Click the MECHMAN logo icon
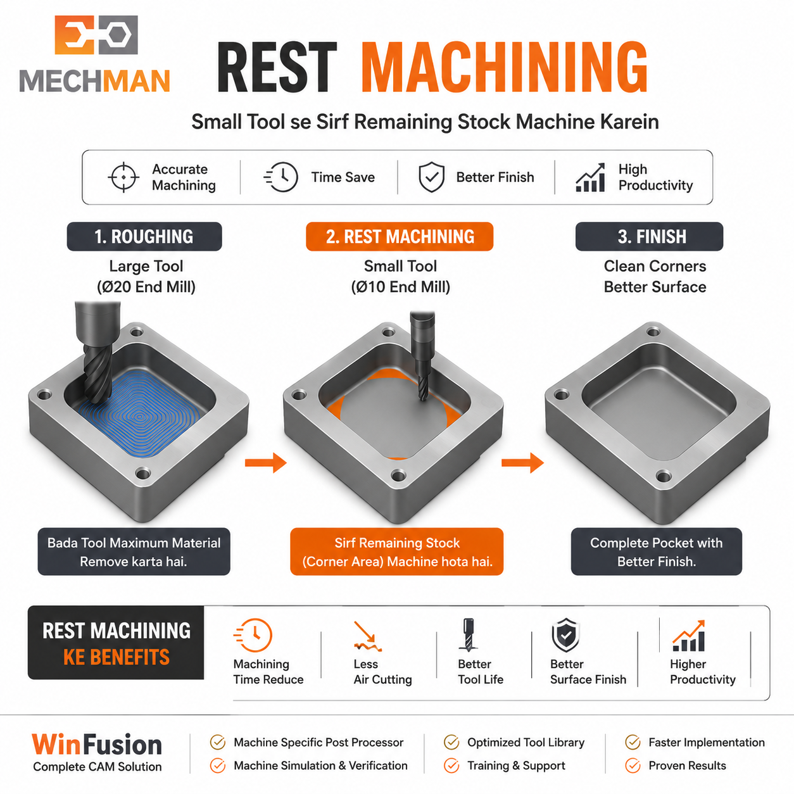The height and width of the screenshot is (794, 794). coord(96,35)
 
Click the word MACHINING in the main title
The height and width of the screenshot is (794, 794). coord(505,67)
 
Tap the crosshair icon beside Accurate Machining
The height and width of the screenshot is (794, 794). coord(123,177)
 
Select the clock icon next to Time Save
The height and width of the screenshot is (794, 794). coord(281,177)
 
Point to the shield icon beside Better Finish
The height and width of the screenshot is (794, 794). coord(431,177)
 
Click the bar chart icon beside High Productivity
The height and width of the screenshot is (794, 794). coord(591,177)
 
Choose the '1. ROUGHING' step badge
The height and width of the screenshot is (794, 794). coord(144,237)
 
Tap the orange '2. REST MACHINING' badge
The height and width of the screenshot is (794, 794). coord(400,237)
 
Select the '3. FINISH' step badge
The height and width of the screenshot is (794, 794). coord(650,237)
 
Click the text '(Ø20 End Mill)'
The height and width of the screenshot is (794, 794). coord(146,287)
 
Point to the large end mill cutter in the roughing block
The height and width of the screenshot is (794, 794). coord(98,351)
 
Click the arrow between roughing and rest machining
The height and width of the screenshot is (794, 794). coord(266,463)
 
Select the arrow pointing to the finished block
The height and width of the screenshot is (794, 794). coord(522,463)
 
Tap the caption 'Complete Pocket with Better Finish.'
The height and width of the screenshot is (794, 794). coord(657,551)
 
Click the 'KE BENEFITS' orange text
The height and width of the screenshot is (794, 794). coord(117,657)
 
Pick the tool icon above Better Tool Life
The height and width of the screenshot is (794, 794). coord(468,634)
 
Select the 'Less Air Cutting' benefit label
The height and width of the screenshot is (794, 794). coord(383,672)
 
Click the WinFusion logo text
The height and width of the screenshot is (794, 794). coord(98,745)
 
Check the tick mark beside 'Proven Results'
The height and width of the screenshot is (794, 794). coord(633,766)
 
